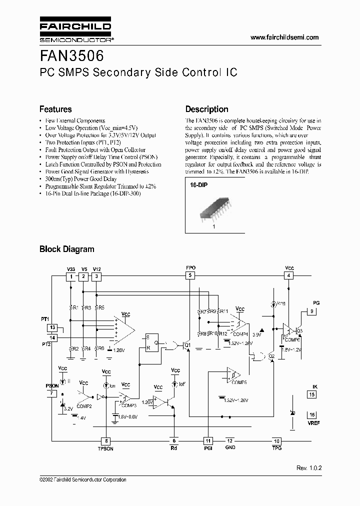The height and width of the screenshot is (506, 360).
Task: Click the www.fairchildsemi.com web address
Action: pos(284,37)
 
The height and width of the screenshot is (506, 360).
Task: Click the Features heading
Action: pos(55,109)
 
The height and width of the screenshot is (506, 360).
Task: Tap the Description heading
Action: pos(206,109)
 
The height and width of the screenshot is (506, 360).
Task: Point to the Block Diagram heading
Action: pos(66,248)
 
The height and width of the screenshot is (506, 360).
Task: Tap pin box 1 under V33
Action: pos(72,276)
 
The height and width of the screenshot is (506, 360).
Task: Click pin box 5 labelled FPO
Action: pos(190,275)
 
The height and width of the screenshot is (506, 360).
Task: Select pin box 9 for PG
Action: pos(312,311)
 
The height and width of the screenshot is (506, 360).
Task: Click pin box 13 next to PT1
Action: pos(52,327)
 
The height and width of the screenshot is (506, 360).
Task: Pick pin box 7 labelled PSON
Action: pos(52,393)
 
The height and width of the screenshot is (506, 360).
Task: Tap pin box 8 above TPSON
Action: pos(106,441)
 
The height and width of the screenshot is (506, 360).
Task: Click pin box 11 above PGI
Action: pos(208,440)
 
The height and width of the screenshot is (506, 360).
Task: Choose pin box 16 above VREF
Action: pos(312,415)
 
